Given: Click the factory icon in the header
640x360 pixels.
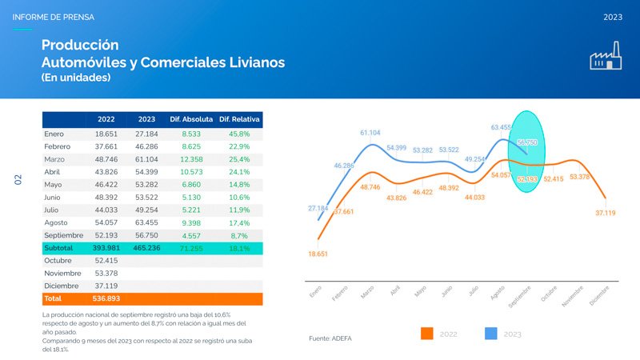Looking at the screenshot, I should point(606,58).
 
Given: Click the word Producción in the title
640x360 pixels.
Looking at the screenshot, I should point(80,45).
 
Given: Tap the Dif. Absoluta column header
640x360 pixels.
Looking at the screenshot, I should point(190,120).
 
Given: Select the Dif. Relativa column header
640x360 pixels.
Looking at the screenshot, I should point(239,120).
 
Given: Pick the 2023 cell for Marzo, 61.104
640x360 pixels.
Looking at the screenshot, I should point(146,160).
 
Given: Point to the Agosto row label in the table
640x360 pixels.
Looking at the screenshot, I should point(58,223).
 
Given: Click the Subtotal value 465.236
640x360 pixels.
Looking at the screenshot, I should point(146,249).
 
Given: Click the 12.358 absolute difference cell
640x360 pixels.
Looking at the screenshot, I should point(190,160).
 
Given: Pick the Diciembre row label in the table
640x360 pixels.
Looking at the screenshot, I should point(61,286).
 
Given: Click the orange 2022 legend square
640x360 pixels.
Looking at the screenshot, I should point(427,333).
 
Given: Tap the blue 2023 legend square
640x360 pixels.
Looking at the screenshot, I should point(491,333).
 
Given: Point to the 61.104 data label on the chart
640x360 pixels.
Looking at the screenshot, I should point(370,133).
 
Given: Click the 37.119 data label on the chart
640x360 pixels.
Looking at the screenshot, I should point(605,213).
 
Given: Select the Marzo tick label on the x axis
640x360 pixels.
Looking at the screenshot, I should point(367,294).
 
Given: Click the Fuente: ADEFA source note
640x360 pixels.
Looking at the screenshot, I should point(330,338).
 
